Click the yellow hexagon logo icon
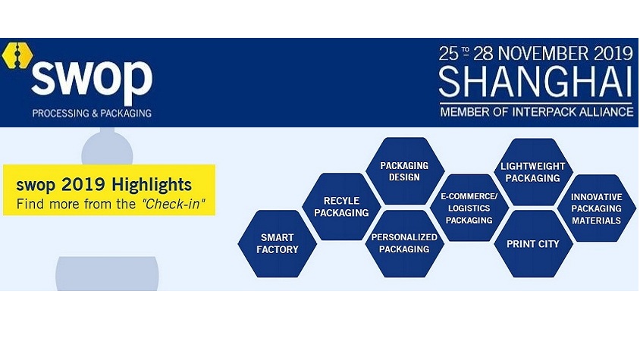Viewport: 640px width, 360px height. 17,55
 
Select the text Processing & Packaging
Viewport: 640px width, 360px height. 92,113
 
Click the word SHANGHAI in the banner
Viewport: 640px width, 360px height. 535,82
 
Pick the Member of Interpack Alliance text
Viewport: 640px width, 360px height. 536,111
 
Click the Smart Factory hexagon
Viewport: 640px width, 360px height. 277,244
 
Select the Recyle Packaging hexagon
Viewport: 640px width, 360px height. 341,207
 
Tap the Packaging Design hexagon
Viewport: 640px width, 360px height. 404,171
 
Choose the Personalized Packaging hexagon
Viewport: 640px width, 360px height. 404,244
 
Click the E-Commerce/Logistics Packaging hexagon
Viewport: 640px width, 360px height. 469,208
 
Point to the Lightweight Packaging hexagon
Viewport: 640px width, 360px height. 533,172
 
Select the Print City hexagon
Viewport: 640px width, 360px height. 533,244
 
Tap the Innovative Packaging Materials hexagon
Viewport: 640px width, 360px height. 596,208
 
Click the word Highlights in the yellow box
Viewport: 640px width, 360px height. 152,185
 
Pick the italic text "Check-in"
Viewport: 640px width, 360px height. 174,204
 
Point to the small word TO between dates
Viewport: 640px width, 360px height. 466,51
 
